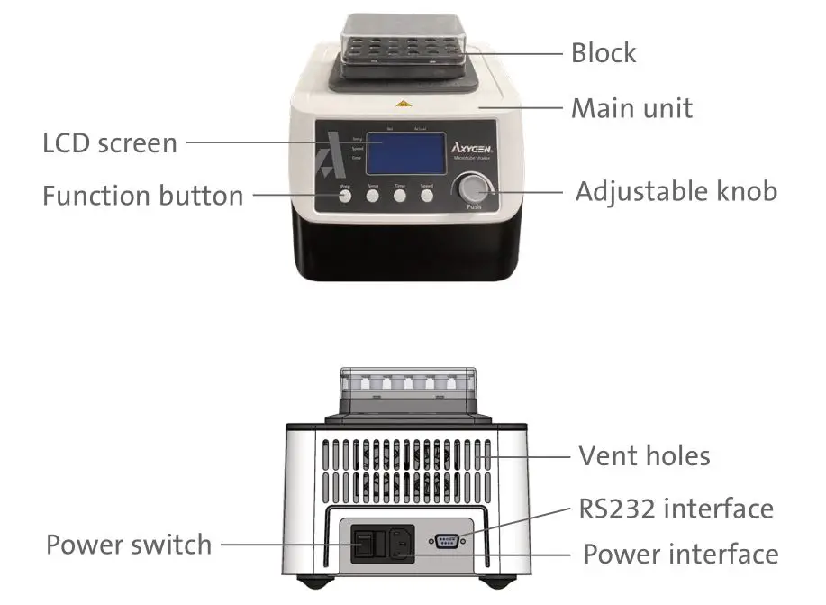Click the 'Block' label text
tap(603, 52)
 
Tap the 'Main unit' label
tap(631, 109)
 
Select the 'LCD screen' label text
tap(110, 142)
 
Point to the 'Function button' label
tap(142, 195)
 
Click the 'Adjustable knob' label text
tap(676, 191)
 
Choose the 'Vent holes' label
tap(643, 455)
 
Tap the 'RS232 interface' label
tap(676, 509)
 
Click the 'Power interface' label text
tap(680, 554)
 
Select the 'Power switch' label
tap(128, 545)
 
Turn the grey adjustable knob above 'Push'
tap(474, 190)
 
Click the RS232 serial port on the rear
tap(448, 541)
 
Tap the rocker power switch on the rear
tap(364, 545)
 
